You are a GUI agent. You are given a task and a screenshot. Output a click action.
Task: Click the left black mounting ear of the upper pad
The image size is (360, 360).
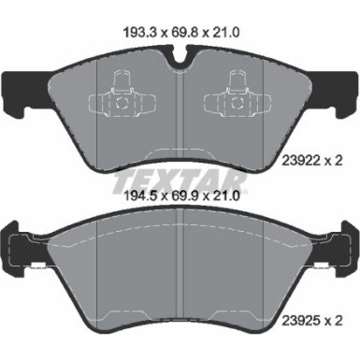pyautogui.click(x=21, y=90)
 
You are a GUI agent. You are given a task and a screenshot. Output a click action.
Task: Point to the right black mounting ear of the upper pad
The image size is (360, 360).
pyautogui.click(x=338, y=90)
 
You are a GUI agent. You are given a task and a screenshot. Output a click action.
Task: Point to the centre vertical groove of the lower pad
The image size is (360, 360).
pyautogui.click(x=179, y=276)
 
